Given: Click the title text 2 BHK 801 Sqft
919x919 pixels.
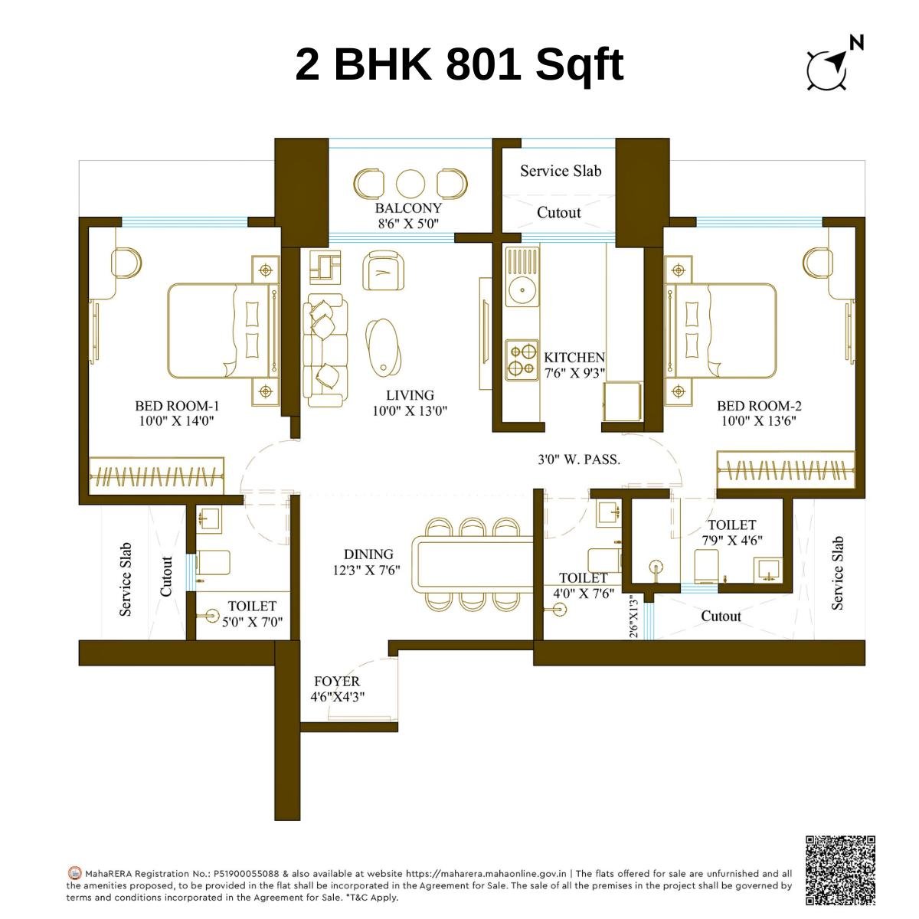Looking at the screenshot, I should point(459,64).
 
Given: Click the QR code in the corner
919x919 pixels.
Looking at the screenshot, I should point(839,869).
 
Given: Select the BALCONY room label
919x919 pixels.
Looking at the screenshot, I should point(408,208).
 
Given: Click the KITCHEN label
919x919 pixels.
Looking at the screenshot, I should point(574,358).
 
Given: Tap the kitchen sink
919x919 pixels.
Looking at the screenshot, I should point(522,289).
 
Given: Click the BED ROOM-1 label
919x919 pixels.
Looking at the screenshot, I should point(177,406).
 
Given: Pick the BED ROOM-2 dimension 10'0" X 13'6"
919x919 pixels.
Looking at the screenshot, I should point(759,421).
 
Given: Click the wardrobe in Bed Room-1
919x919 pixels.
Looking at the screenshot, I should point(157,476).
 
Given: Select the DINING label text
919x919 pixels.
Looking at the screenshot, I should point(368,554).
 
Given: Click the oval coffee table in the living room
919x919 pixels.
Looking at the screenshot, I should point(383,346).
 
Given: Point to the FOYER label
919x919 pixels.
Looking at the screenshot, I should point(336,682).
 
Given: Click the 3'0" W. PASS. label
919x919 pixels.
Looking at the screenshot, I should point(579,460).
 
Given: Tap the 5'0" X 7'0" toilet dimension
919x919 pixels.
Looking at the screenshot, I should point(252,623).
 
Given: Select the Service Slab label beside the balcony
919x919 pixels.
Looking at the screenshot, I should point(561,171).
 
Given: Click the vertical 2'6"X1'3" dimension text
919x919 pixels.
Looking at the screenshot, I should point(633,617).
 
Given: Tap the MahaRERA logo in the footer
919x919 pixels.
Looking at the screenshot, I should point(74,873).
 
